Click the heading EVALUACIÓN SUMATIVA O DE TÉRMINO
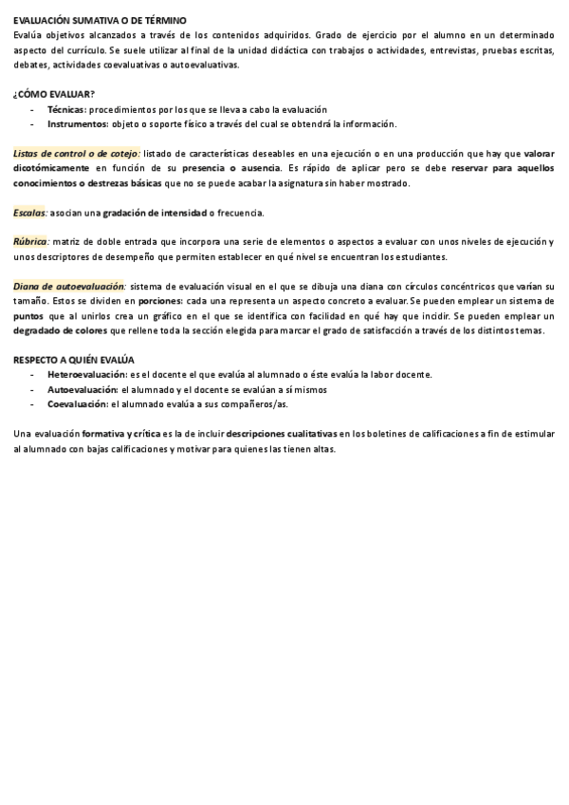(100, 20)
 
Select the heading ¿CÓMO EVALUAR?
(54, 94)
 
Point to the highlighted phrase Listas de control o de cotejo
(77, 154)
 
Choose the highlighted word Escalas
(30, 213)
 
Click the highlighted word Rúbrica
(31, 242)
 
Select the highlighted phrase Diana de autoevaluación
(69, 286)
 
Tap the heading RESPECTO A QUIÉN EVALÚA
(74, 360)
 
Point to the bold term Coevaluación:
(78, 403)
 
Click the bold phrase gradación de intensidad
(155, 213)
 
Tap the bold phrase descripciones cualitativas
(283, 433)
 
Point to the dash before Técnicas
(32, 110)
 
